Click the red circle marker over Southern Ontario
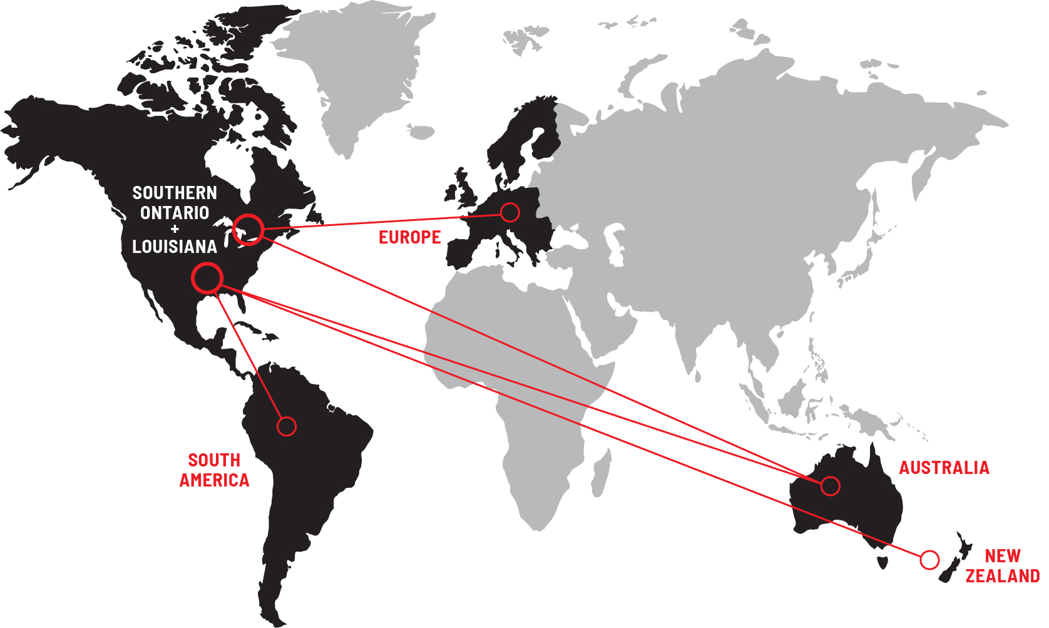pyautogui.click(x=248, y=229)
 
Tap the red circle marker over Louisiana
pyautogui.click(x=207, y=278)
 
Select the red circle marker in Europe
pyautogui.click(x=510, y=212)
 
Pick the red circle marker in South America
pyautogui.click(x=287, y=426)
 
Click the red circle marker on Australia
pyautogui.click(x=831, y=486)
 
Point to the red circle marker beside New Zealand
pyautogui.click(x=930, y=560)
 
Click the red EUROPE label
pyautogui.click(x=410, y=238)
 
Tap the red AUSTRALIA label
pyautogui.click(x=944, y=468)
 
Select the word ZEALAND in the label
pyautogui.click(x=1002, y=576)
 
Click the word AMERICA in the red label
pyautogui.click(x=214, y=480)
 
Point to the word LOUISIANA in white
pyautogui.click(x=175, y=247)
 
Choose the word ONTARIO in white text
pyautogui.click(x=175, y=213)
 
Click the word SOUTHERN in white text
pyautogui.click(x=175, y=193)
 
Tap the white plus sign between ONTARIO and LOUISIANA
pyautogui.click(x=175, y=229)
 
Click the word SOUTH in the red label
pyautogui.click(x=214, y=460)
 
